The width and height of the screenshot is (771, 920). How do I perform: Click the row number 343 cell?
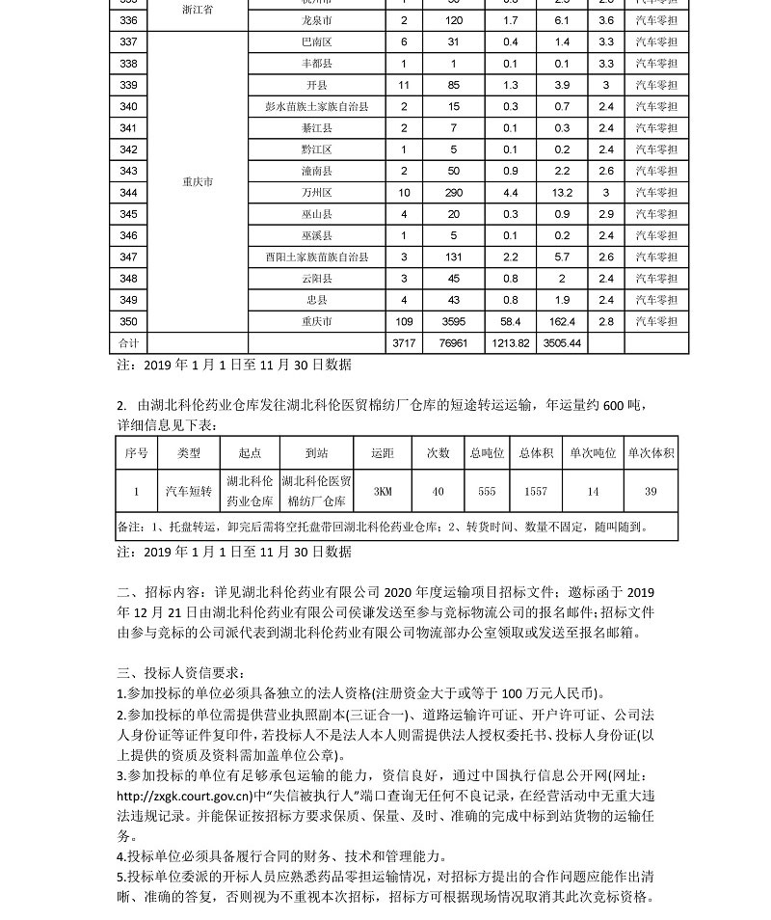[x=128, y=171]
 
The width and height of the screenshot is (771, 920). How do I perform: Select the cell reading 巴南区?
[x=317, y=41]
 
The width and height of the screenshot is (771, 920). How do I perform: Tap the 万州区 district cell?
[x=317, y=193]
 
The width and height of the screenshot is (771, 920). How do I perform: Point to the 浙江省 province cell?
[x=198, y=9]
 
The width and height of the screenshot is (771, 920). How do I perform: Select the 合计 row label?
[x=128, y=343]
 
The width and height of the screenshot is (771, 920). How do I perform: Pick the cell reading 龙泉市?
[x=317, y=20]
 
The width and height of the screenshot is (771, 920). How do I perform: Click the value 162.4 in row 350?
[x=563, y=322]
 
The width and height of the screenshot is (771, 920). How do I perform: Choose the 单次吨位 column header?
[x=593, y=452]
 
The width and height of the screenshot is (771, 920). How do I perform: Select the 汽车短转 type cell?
[x=189, y=492]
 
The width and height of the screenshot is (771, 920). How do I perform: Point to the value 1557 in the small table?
[x=536, y=492]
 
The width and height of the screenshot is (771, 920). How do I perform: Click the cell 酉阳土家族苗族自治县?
[x=317, y=257]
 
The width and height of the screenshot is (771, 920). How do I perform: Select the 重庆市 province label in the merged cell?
[x=198, y=181]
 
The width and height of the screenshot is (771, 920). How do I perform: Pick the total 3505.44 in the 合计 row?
[x=563, y=343]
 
